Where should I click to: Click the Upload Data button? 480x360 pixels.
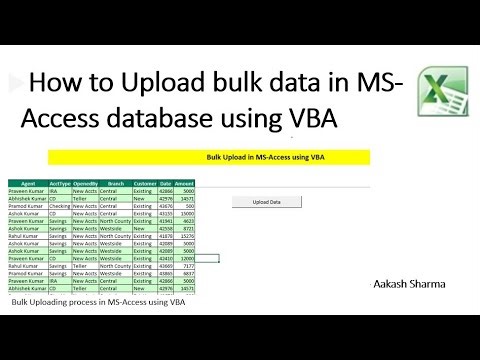coord(266,202)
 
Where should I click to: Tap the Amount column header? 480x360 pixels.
coord(184,185)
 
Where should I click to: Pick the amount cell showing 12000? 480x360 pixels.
coord(184,257)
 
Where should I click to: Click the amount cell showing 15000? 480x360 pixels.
coord(184,213)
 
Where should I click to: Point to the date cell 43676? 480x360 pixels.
coord(165,206)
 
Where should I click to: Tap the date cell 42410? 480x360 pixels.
coord(165,257)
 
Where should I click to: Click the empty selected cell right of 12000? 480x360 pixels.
coord(207,257)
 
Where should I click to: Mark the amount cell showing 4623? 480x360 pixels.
coord(184,220)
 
